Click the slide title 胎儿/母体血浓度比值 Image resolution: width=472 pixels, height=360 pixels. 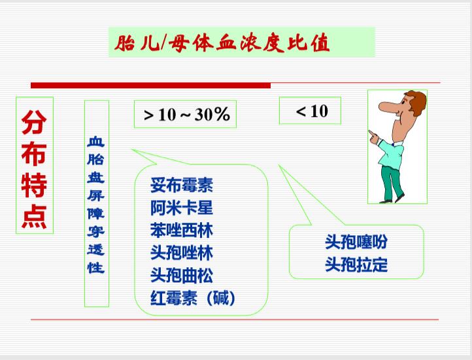[x=222, y=43]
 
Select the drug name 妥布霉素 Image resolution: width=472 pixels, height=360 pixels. [x=182, y=186]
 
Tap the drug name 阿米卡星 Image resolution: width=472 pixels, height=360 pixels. [x=182, y=208]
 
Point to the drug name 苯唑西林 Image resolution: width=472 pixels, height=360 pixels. [x=182, y=231]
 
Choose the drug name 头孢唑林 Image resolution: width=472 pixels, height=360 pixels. [x=182, y=253]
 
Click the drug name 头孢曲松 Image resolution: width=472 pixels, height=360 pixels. [x=182, y=276]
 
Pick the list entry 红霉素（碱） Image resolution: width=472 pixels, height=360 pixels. [x=193, y=298]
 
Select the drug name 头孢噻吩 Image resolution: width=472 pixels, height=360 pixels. [x=356, y=242]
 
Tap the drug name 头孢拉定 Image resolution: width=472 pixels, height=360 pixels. [x=356, y=265]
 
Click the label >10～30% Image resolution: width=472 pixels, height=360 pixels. [x=186, y=114]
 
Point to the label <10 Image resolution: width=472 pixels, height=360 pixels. [x=312, y=111]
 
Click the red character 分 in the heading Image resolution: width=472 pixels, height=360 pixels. [x=34, y=122]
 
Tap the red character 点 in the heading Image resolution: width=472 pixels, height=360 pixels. [x=34, y=217]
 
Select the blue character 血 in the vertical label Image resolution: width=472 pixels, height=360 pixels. [x=96, y=141]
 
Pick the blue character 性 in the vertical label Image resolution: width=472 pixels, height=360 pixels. [x=96, y=267]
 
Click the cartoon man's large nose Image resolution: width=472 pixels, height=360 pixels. [x=388, y=106]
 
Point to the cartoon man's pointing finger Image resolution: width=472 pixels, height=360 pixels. [x=373, y=135]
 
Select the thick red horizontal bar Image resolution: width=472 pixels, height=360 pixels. [x=151, y=86]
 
